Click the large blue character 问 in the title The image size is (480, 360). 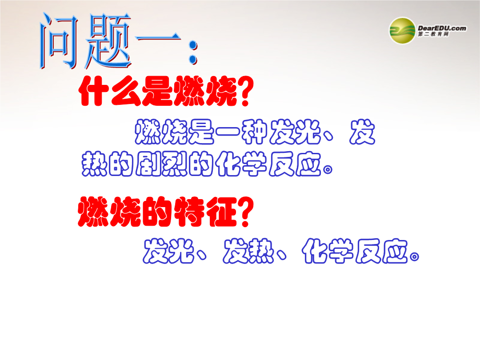pos(58,40)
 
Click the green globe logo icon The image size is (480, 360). pos(402,31)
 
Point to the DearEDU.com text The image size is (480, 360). pos(442,28)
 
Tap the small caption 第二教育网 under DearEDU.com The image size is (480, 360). pos(433,34)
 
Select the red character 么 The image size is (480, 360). pos(125,91)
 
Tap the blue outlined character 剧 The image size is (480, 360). pos(148,164)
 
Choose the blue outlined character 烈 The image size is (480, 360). pos(175,164)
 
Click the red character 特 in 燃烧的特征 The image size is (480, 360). pos(190,212)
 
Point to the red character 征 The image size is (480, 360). pos(222,212)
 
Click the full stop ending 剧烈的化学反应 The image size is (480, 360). pos(328,170)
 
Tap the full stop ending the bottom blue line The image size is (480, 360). pos(414,256)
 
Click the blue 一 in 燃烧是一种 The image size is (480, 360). pos(228,132)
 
